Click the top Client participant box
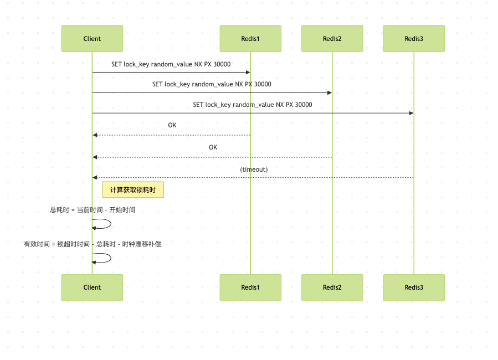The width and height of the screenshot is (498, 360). pyautogui.click(x=92, y=39)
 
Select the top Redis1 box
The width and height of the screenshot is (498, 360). pyautogui.click(x=250, y=39)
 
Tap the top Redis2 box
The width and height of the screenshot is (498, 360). pyautogui.click(x=332, y=39)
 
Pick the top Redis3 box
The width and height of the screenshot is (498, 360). pyautogui.click(x=413, y=39)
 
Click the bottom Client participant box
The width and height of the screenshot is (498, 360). pyautogui.click(x=92, y=287)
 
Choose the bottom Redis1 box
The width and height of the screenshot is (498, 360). pyautogui.click(x=250, y=287)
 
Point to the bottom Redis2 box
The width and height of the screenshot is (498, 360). pyautogui.click(x=332, y=287)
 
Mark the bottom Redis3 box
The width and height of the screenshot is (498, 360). pyautogui.click(x=413, y=287)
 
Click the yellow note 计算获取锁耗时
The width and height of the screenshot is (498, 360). pyautogui.click(x=133, y=190)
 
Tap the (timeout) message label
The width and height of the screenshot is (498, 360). pyautogui.click(x=254, y=169)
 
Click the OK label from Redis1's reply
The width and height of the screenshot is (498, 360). pyautogui.click(x=172, y=126)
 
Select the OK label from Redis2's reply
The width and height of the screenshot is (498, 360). pyautogui.click(x=213, y=147)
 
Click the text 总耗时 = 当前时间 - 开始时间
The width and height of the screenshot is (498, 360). pyautogui.click(x=93, y=210)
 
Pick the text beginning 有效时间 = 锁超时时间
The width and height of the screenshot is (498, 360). pyautogui.click(x=93, y=244)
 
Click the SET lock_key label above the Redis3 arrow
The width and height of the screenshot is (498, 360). pyautogui.click(x=253, y=105)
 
